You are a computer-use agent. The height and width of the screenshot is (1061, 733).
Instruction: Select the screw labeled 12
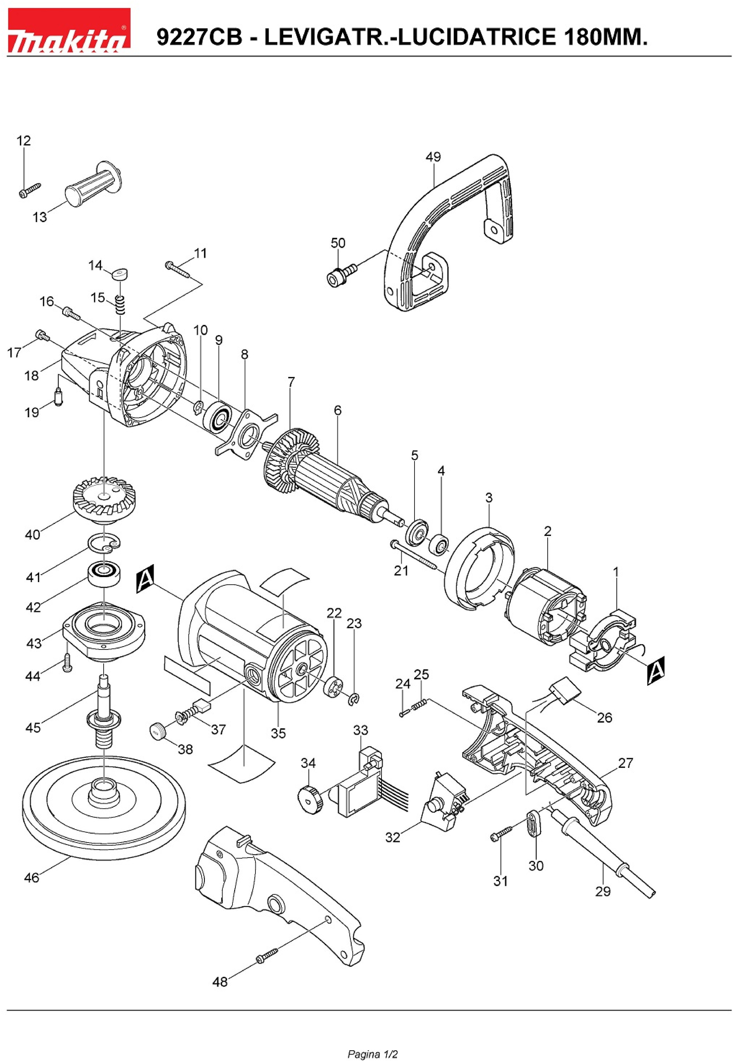tap(30, 190)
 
